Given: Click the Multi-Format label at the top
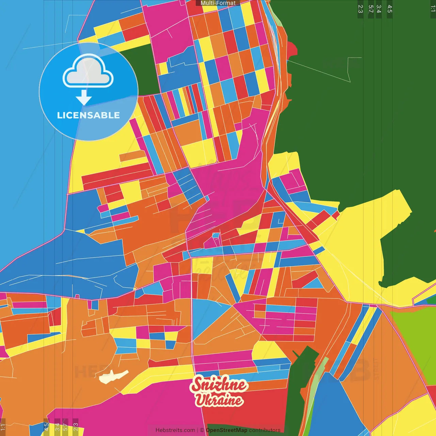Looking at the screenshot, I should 218,3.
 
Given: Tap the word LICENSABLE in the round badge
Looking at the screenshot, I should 89,115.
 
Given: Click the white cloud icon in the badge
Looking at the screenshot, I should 88,72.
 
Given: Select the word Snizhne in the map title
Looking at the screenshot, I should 219,385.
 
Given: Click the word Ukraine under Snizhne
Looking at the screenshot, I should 219,400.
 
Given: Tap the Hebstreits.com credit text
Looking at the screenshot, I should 175,430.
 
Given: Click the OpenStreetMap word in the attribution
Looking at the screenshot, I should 226,430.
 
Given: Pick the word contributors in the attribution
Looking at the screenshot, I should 264,430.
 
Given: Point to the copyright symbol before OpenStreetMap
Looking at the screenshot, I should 202,430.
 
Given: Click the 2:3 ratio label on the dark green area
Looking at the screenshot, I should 360,9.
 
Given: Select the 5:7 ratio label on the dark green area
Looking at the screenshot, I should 371,9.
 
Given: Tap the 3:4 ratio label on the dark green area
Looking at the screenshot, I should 379,9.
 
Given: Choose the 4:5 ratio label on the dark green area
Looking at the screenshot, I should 390,9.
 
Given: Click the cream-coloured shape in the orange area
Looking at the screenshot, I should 113,376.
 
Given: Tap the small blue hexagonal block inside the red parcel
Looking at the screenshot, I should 216,235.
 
